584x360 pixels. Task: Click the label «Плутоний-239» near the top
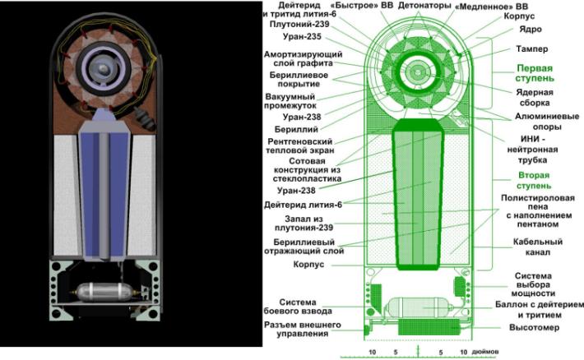[x=299, y=24]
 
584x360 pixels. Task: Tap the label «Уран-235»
[x=302, y=37]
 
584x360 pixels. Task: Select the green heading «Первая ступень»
[x=535, y=73]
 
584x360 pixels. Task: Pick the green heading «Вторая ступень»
[x=534, y=180]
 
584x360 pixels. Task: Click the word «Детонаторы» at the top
[x=424, y=6]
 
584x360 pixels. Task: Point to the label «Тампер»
[x=532, y=49]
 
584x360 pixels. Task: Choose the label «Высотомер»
[x=534, y=328]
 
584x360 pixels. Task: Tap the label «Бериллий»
[x=296, y=130]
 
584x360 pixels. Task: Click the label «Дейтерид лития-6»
[x=303, y=205]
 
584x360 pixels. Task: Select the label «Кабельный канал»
[x=537, y=247]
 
